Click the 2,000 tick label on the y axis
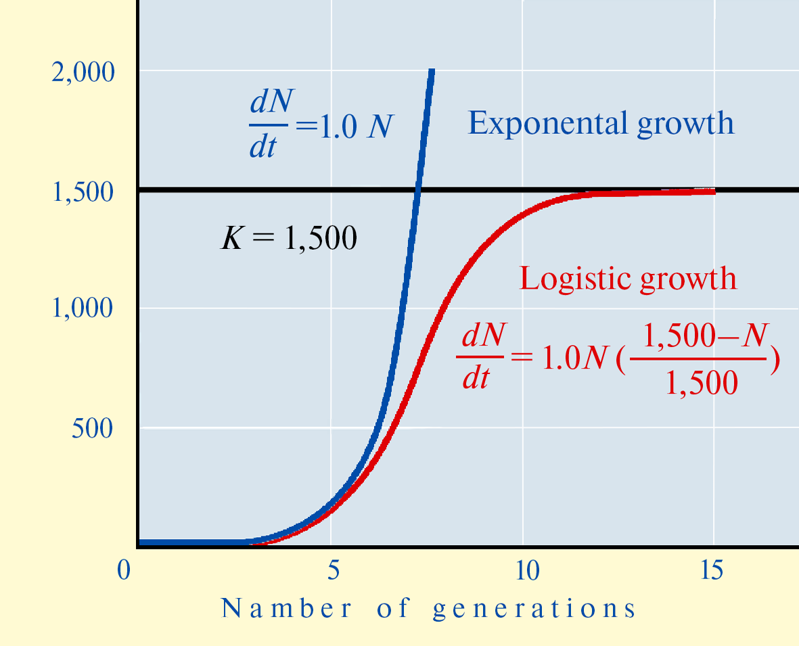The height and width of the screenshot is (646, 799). point(83,72)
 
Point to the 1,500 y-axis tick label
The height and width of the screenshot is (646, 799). point(83,192)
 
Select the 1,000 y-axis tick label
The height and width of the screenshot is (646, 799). point(83,308)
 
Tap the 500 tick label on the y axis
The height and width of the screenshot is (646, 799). point(92,428)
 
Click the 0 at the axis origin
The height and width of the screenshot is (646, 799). point(124,570)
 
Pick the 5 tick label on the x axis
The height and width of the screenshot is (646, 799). point(334,570)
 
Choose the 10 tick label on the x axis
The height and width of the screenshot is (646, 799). point(528,570)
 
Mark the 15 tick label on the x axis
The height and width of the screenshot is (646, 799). point(711,570)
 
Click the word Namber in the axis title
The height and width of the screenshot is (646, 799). point(286,608)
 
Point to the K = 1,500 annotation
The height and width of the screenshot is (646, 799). point(289,237)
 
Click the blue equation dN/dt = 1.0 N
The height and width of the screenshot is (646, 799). point(321,124)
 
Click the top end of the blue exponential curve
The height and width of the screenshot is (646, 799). point(432,70)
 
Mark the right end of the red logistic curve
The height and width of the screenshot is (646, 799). point(714,191)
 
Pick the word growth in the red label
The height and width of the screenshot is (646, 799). point(689,279)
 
